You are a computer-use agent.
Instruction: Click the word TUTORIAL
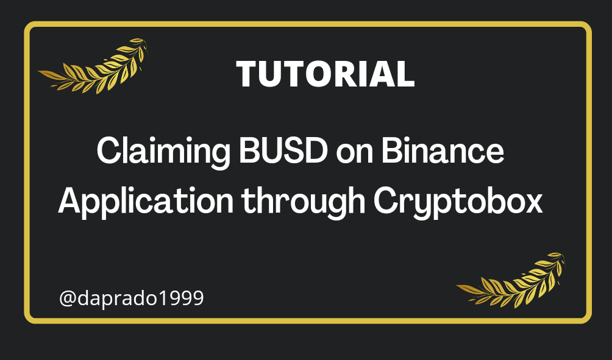(325, 74)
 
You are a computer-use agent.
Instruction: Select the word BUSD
(283, 150)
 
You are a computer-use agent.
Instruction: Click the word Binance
(443, 150)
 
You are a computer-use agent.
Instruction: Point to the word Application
(146, 201)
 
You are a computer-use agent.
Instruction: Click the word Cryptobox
(458, 201)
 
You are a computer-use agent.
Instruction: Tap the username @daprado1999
(132, 298)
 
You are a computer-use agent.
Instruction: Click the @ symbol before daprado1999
(68, 299)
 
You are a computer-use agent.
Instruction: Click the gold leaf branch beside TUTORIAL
(93, 66)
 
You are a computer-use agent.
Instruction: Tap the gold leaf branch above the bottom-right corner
(511, 280)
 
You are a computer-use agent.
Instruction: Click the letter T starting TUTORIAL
(247, 74)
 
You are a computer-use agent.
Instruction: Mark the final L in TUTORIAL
(406, 74)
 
